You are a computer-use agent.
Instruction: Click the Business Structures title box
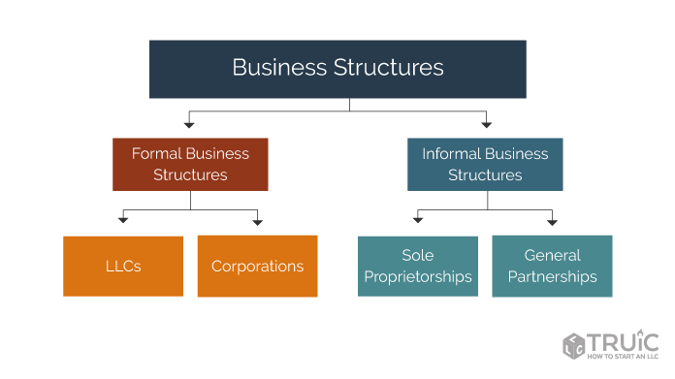[337, 69]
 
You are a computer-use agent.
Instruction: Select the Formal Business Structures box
[190, 164]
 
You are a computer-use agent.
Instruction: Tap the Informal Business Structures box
[485, 164]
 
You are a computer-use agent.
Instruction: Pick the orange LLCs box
[123, 266]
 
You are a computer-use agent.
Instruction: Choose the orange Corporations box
[257, 266]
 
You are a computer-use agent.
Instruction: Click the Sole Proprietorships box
[418, 266]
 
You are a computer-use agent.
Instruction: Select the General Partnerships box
[552, 266]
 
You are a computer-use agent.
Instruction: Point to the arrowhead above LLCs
[123, 222]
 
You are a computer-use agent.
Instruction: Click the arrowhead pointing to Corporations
[257, 222]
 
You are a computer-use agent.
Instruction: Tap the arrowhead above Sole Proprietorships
[418, 222]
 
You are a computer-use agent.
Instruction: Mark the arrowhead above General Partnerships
[552, 222]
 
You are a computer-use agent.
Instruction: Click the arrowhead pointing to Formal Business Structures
[190, 124]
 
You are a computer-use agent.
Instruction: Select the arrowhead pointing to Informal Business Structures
[486, 124]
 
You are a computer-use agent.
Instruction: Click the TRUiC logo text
[625, 342]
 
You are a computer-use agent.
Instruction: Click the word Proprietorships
[418, 277]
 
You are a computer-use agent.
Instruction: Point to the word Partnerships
[552, 277]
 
